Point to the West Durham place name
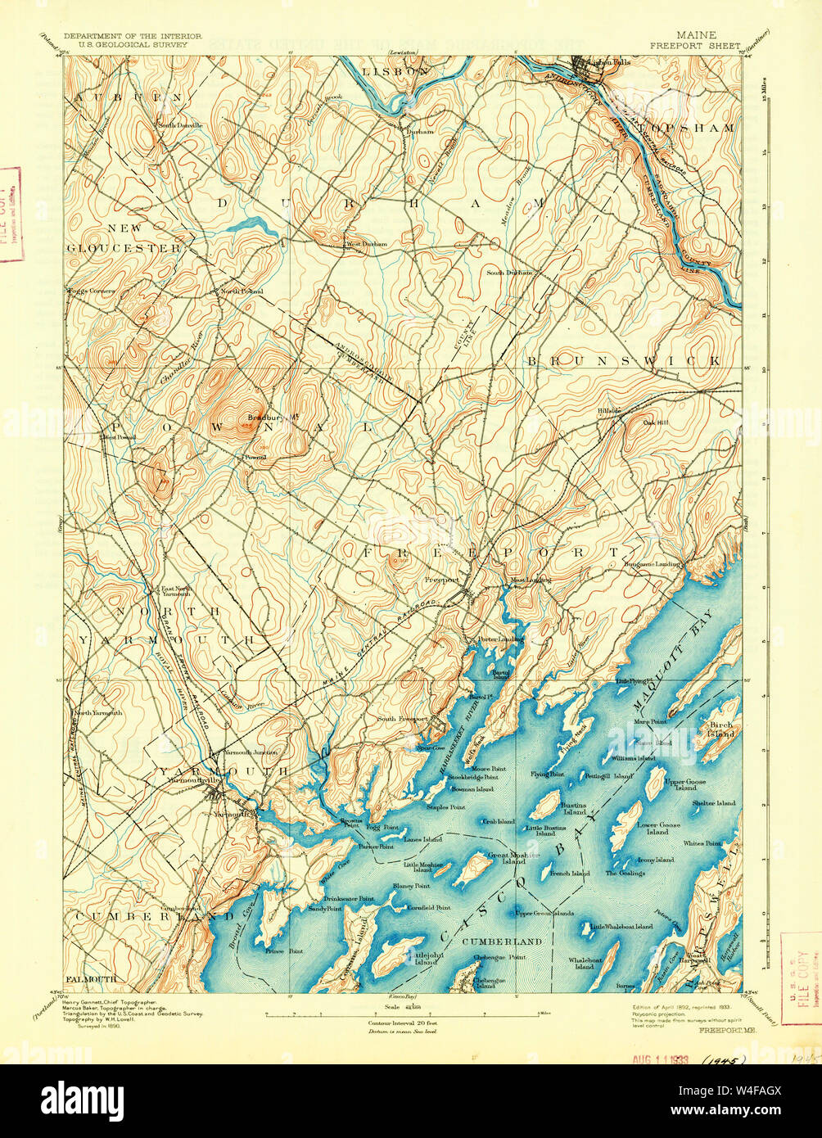pos(366,244)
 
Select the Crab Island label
pos(499,821)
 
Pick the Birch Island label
pos(721,730)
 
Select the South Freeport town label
pos(402,719)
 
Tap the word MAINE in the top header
pos(695,35)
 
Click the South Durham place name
pos(509,273)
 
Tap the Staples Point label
pos(445,807)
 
